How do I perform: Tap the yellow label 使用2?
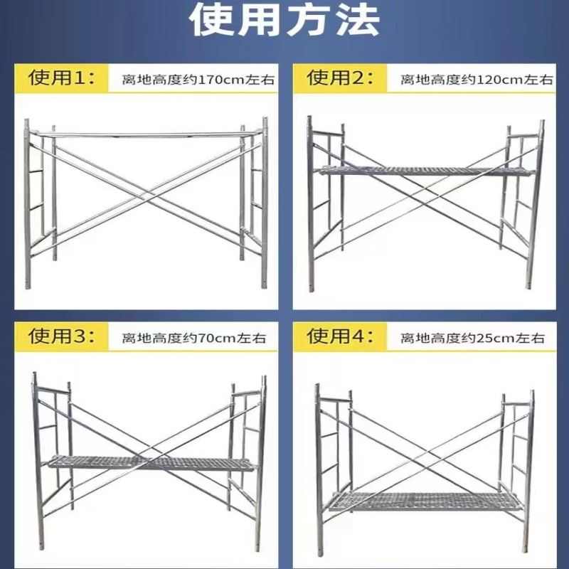click(x=340, y=78)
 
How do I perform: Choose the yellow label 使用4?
click(x=340, y=336)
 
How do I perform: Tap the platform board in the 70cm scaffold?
click(x=149, y=463)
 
